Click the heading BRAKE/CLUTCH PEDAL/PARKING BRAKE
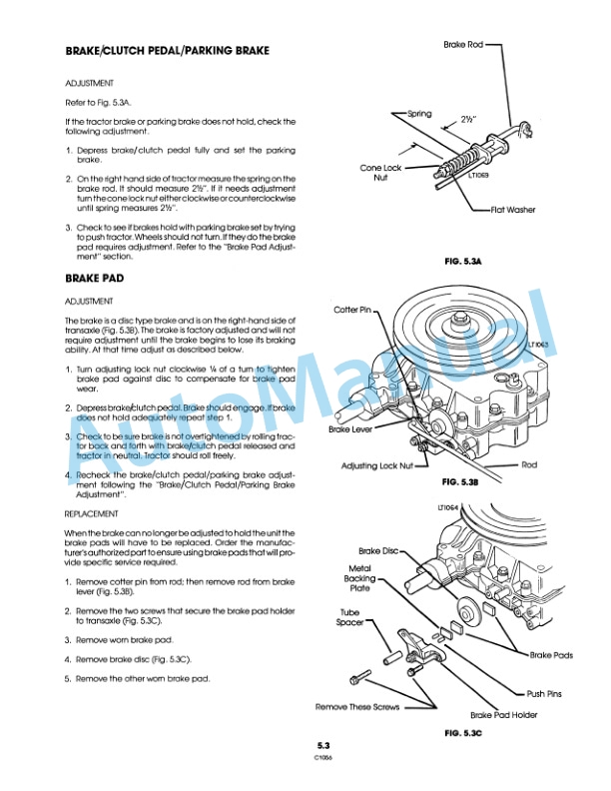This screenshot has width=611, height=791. pyautogui.click(x=167, y=50)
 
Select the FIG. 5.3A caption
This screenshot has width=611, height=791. pyautogui.click(x=462, y=262)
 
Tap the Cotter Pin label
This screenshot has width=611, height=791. pyautogui.click(x=352, y=311)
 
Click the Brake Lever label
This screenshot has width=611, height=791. pyautogui.click(x=352, y=429)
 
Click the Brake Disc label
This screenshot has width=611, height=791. pyautogui.click(x=380, y=550)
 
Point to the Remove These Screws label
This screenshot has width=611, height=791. pyautogui.click(x=357, y=706)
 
